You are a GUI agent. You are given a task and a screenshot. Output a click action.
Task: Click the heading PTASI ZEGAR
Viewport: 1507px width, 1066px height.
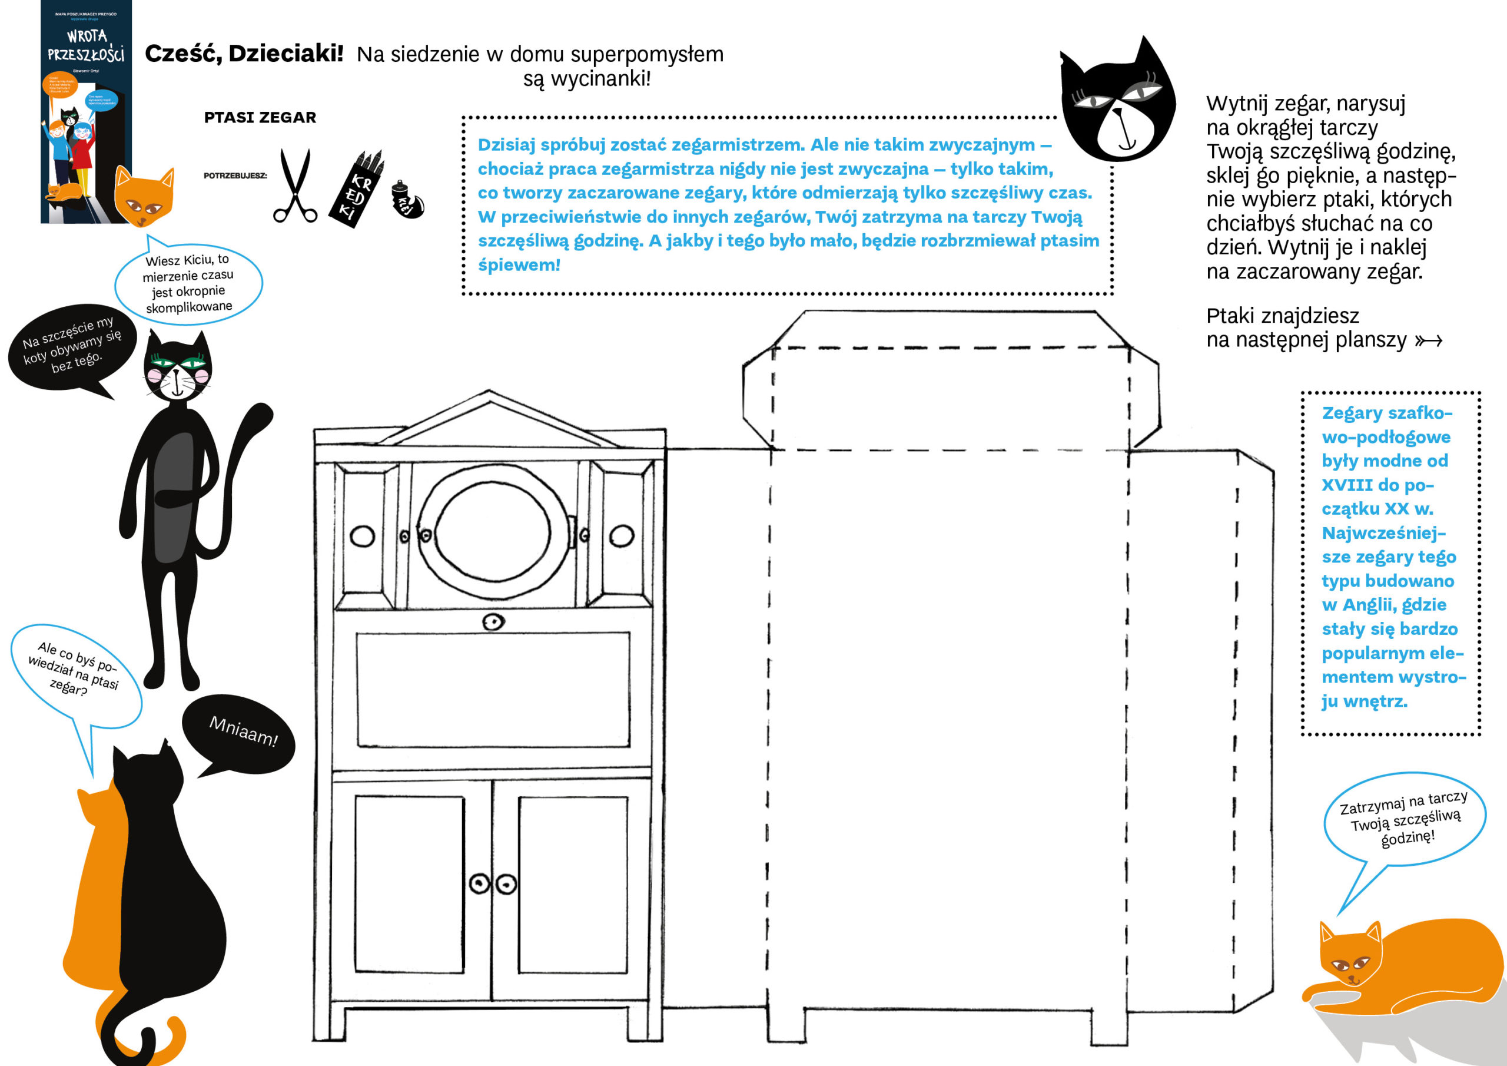click(260, 118)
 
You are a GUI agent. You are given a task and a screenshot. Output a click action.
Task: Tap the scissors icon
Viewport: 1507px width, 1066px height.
click(295, 186)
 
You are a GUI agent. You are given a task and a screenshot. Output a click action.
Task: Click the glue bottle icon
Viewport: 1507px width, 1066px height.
click(407, 200)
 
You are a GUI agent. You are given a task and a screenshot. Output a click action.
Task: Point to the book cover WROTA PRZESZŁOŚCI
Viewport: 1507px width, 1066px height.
click(86, 112)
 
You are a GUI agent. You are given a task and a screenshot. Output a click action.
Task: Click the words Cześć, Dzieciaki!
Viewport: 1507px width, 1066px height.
click(244, 54)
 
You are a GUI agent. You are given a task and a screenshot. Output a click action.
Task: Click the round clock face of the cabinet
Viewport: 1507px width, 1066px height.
click(492, 532)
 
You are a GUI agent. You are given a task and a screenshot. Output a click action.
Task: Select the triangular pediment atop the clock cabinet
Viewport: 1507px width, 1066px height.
click(489, 421)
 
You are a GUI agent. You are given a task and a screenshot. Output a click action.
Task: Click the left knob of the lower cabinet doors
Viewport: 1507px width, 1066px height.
click(480, 883)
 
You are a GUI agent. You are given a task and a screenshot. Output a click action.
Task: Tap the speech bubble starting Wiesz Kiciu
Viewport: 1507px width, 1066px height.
click(188, 283)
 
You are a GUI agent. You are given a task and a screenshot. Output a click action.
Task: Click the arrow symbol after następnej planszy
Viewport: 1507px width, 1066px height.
click(1428, 340)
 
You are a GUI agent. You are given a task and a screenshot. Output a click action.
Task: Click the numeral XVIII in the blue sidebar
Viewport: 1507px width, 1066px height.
click(1347, 485)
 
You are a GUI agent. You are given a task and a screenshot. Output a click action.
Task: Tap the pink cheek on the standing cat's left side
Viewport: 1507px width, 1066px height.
click(154, 375)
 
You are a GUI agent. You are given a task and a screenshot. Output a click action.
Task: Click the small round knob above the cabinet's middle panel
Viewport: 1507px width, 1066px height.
click(493, 621)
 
